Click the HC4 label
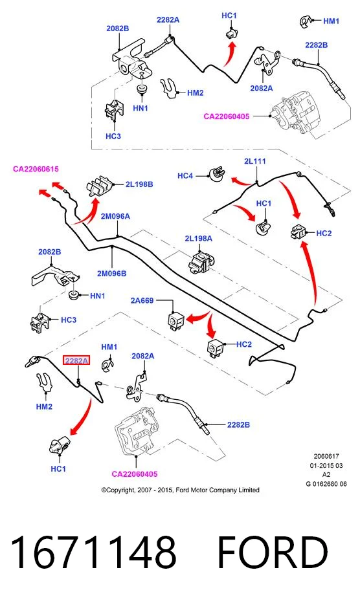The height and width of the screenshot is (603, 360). pos(185,176)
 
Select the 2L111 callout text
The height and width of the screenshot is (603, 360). pos(255,161)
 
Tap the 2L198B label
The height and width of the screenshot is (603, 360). pos(139,184)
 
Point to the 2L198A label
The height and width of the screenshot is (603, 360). pos(198,239)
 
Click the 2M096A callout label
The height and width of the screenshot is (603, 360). pos(115,216)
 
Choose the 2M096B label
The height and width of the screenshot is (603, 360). pos(111,274)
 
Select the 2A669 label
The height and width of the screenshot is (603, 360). pos(142,300)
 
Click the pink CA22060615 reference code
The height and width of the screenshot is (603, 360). pos(36,169)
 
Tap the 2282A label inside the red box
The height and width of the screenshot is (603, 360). pos(76,361)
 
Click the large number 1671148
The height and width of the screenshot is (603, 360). pos(94,553)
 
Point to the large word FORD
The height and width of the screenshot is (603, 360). pos(273,553)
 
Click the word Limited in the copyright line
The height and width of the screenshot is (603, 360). pos(249,490)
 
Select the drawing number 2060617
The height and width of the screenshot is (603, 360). pos(326,456)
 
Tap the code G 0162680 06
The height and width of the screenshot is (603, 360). pos(326,484)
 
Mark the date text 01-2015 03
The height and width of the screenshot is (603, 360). pos(326,465)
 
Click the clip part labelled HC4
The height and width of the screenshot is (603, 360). pos(218,174)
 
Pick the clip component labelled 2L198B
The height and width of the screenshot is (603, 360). pos(99,186)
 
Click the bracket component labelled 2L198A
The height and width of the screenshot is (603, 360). pos(201,261)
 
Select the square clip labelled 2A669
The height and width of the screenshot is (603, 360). pos(176,320)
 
